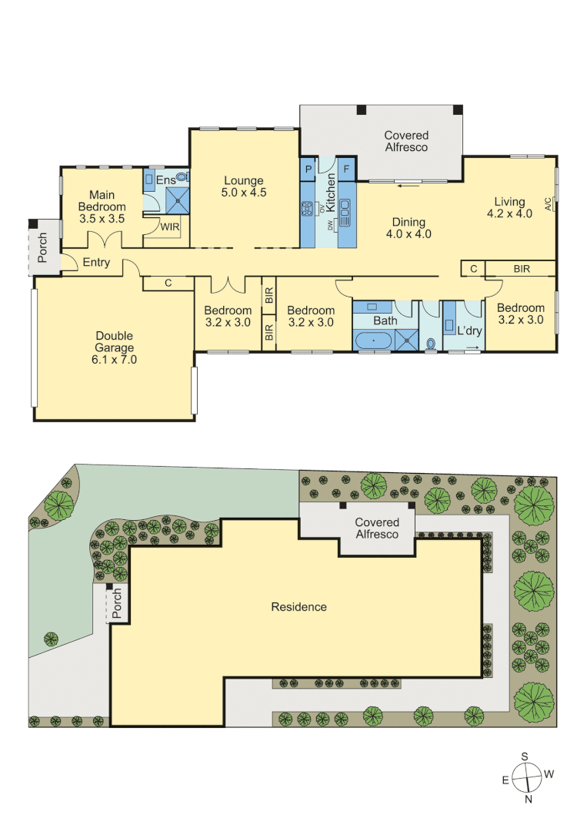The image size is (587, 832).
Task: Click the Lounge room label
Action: pos(244,186)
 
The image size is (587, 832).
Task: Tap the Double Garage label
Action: pos(114,347)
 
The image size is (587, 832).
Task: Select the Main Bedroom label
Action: pos(102,206)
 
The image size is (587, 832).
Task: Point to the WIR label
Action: pos(169,227)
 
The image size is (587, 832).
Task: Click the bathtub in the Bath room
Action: pos(373,341)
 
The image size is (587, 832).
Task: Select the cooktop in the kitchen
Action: pos(307,209)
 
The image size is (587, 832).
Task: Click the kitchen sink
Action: pos(345,213)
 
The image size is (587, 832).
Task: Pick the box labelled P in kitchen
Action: pos(309,169)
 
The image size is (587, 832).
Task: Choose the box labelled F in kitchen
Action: pos(346,169)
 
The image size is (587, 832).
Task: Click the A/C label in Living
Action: pos(548,203)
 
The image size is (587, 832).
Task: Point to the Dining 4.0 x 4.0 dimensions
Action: pos(409,234)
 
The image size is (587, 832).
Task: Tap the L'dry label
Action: pos(469,330)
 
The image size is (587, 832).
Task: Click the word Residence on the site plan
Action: pos(299,607)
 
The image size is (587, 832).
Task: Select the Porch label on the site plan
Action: pos(116,603)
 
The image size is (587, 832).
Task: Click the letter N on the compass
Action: pos(529,799)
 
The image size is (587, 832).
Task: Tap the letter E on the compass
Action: pos(506,780)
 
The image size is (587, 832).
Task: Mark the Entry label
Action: pos(96,262)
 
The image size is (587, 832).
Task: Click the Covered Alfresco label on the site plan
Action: pos(377,528)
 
